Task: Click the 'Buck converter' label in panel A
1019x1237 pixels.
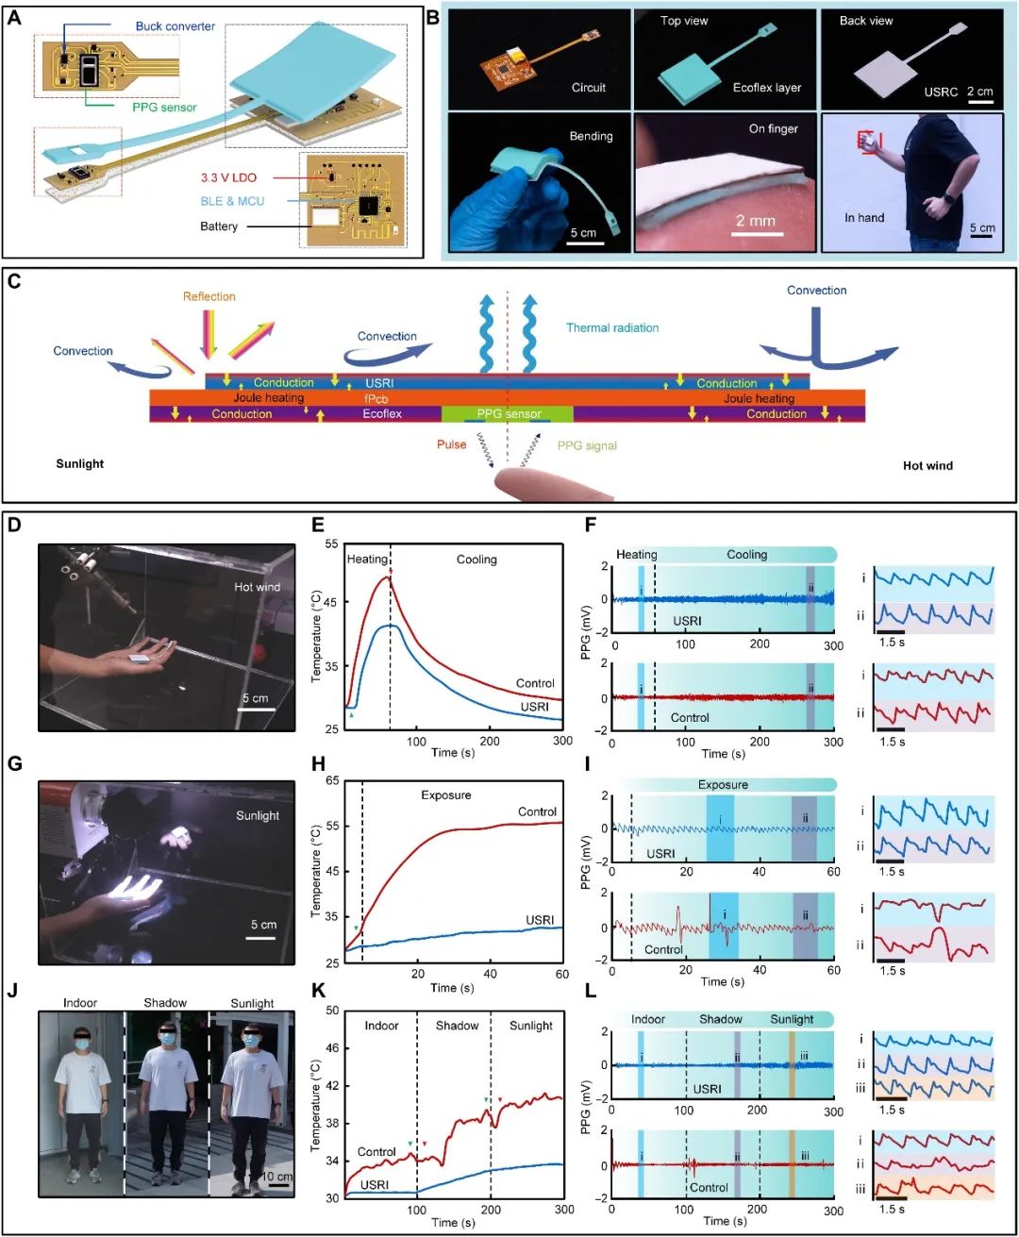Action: coord(175,26)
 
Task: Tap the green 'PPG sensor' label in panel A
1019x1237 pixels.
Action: coord(164,108)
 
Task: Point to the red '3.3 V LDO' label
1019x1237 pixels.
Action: coord(228,177)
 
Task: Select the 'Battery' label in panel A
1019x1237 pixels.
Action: coord(219,226)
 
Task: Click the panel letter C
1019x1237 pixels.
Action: coord(13,281)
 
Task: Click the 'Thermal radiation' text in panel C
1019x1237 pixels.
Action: coord(612,327)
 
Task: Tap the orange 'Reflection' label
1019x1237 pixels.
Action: coord(209,296)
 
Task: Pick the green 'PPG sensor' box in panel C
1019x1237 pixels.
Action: coord(507,413)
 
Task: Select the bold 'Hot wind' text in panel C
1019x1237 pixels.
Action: coord(927,466)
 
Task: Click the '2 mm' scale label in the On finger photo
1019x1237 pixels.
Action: coord(755,221)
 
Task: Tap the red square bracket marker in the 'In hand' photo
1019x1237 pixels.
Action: coord(869,142)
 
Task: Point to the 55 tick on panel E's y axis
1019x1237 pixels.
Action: coord(332,543)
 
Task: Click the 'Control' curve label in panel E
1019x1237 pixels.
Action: coord(534,683)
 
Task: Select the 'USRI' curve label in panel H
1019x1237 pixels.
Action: coord(540,919)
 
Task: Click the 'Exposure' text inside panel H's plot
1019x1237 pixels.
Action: coord(446,795)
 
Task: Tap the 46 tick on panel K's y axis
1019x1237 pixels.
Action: coord(332,1048)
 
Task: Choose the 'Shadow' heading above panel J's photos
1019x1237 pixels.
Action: coord(165,1003)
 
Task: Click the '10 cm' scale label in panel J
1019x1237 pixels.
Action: coord(276,1176)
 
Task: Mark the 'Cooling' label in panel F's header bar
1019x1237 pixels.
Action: coord(746,555)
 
